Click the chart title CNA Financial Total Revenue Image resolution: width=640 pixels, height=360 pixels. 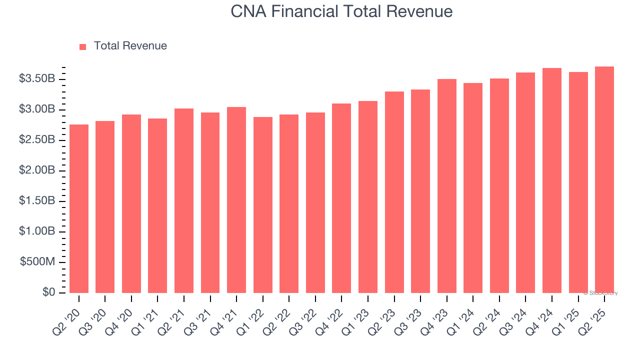341,11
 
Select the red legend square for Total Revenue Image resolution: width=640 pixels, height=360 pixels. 83,46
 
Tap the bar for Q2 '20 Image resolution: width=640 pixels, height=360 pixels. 79,208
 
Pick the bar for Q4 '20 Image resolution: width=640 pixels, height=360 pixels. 131,203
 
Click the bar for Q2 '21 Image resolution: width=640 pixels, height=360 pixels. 184,200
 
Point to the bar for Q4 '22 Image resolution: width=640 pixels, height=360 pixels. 341,198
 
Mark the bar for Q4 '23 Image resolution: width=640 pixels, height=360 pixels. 446,186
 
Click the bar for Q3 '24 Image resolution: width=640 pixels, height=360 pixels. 525,182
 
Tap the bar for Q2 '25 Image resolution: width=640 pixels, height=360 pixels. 604,179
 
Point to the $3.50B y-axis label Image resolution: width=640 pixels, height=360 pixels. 37,79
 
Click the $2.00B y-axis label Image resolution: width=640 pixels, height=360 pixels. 37,170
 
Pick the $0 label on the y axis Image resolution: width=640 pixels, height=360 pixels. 49,292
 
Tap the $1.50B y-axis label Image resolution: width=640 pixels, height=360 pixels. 37,201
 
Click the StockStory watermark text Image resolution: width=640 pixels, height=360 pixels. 600,293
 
